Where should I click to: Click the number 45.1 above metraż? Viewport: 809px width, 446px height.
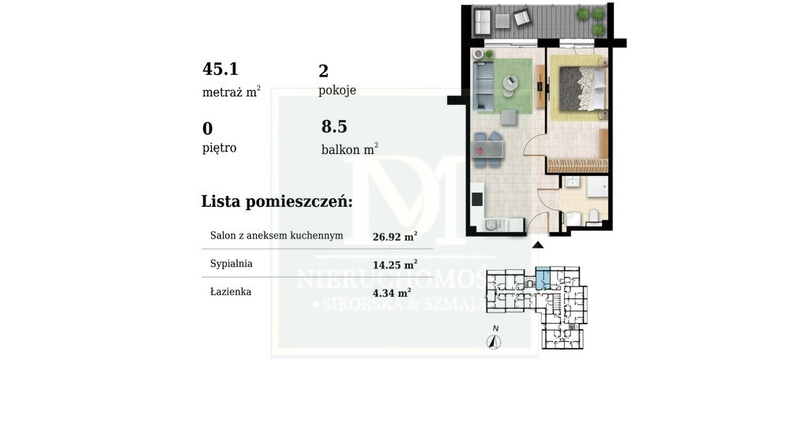click(x=220, y=69)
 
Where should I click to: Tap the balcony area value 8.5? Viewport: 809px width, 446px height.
click(x=334, y=126)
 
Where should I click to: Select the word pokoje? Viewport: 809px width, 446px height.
click(x=337, y=91)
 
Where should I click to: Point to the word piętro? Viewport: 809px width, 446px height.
click(x=220, y=148)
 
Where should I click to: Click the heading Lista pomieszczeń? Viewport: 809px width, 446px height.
click(x=277, y=201)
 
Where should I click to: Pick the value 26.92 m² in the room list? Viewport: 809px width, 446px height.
click(x=395, y=237)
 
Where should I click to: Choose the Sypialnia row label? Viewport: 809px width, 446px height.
click(x=231, y=264)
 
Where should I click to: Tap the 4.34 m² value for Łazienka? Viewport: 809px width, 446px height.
click(x=392, y=293)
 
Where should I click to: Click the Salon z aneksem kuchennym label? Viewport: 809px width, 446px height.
click(x=277, y=236)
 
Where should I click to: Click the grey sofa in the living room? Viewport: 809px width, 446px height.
click(x=484, y=85)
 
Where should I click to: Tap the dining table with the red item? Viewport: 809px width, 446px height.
click(x=487, y=149)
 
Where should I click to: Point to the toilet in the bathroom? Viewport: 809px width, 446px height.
click(x=593, y=216)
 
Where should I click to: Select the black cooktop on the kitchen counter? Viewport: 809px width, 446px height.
click(x=476, y=199)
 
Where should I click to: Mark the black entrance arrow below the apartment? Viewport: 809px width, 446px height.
click(x=537, y=245)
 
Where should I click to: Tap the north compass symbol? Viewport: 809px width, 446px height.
click(x=495, y=342)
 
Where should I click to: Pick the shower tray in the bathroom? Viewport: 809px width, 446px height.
click(x=597, y=186)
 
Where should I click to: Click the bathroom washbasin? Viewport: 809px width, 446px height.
click(x=572, y=182)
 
